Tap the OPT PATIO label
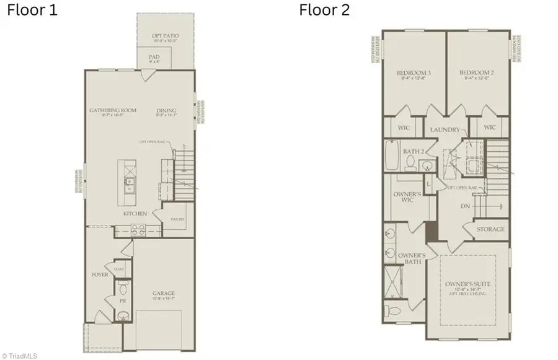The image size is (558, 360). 166,37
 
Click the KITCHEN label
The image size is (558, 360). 135,214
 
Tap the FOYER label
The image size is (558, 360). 100,274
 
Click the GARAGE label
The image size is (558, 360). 164,293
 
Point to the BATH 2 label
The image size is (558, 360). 413,151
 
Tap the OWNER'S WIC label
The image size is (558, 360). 407,196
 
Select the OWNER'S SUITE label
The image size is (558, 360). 469,284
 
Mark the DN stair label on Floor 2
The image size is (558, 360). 465,207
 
